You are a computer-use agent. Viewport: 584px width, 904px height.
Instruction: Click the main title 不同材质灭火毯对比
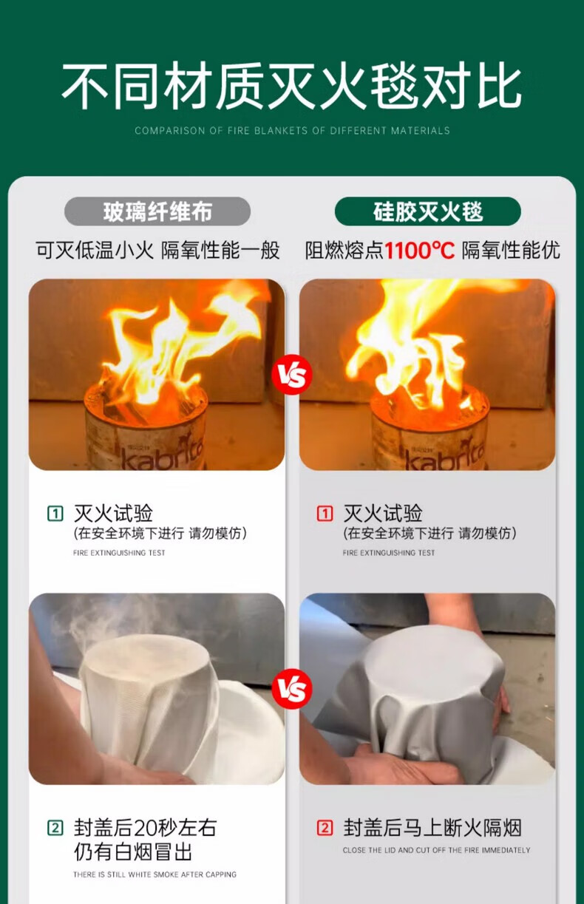(291, 86)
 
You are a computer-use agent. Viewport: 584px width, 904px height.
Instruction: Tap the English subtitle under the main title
(292, 131)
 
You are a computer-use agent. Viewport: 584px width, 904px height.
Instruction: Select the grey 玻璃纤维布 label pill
(157, 211)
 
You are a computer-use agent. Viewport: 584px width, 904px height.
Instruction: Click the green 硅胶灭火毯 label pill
(428, 211)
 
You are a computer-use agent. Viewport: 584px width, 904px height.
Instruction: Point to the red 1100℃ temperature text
(420, 251)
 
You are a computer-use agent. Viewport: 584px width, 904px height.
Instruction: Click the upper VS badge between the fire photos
(292, 374)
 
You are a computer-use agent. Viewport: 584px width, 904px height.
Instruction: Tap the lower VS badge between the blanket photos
(292, 688)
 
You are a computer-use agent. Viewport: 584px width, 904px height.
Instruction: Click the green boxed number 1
(55, 514)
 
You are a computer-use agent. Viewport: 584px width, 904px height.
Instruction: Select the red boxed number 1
(325, 514)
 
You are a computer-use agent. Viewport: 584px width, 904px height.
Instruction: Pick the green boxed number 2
(55, 828)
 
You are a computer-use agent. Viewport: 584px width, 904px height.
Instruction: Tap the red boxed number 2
(325, 828)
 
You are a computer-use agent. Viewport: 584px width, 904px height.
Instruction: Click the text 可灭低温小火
(95, 251)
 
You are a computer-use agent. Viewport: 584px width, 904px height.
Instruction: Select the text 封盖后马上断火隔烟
(432, 828)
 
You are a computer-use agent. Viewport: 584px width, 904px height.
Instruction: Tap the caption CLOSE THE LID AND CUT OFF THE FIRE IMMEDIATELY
(436, 850)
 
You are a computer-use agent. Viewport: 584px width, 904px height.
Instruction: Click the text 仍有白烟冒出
(132, 851)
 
